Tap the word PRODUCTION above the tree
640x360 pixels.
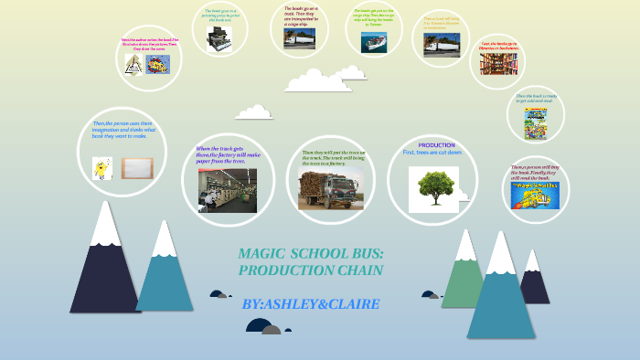pos(436,145)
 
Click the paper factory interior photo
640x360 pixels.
pos(227,189)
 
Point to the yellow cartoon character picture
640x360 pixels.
pos(101,168)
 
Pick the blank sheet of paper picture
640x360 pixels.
pos(137,168)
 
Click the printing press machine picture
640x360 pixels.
pos(219,37)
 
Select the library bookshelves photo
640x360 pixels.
pos(499,64)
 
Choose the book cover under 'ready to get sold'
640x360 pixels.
pos(535,123)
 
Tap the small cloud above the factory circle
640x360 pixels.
pos(253,111)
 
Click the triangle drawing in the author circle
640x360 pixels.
pos(133,64)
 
